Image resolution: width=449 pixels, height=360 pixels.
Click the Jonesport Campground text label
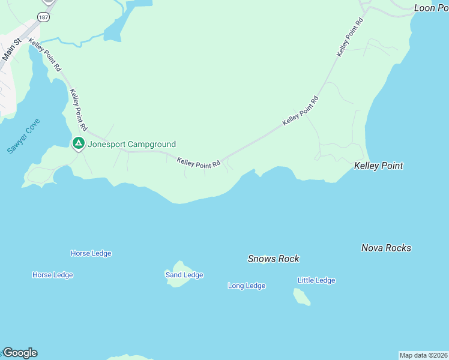(132, 144)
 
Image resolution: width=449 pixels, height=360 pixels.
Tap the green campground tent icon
(78, 144)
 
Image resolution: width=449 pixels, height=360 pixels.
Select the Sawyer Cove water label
(23, 136)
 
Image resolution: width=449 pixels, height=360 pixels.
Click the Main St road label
(11, 49)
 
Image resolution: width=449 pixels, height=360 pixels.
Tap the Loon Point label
(431, 8)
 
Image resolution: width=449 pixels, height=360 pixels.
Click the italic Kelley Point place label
(378, 166)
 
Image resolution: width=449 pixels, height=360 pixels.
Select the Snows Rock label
(273, 259)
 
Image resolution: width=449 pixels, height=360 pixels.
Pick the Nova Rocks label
(386, 248)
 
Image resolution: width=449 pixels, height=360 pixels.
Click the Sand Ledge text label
(184, 275)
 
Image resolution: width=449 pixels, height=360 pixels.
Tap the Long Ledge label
(246, 286)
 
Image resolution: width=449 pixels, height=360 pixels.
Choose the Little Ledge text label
(316, 280)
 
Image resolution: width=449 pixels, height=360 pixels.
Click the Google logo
(20, 353)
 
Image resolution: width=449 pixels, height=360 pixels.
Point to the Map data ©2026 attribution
(423, 355)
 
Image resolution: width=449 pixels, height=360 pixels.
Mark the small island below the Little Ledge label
(301, 296)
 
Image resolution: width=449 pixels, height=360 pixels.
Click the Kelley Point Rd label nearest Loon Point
(350, 37)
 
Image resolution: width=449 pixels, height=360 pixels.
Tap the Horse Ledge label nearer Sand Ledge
(91, 253)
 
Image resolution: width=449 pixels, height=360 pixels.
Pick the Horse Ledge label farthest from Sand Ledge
(52, 275)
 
